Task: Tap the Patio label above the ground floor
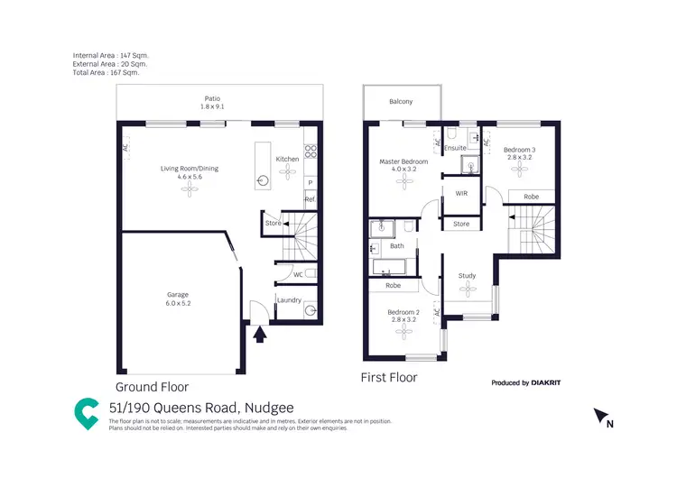coord(210,99)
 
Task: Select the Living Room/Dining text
coord(190,169)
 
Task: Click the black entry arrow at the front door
coord(260,336)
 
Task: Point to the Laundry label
coord(289,299)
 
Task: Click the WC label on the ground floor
coord(297,274)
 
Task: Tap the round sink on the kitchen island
coord(263,179)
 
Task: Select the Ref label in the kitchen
coord(309,198)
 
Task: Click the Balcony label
coord(401,102)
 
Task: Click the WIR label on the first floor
coord(461,193)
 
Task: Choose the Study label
coord(467,276)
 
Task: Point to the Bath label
coord(397,246)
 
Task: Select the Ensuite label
coord(456,147)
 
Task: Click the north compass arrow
coord(600,417)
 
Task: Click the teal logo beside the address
coord(87,412)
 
